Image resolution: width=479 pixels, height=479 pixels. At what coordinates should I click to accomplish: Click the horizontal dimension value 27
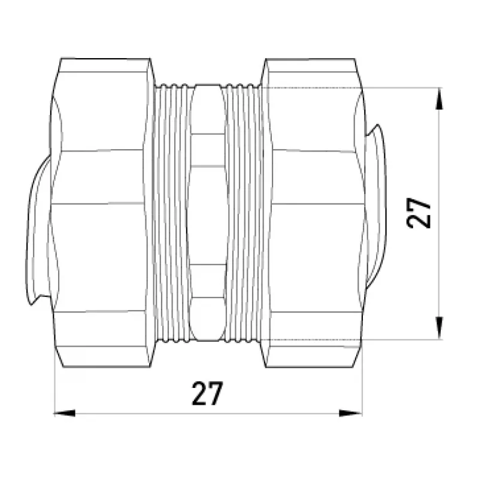coord(207,393)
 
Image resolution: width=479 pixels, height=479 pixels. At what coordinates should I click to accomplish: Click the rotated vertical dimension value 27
coord(419,213)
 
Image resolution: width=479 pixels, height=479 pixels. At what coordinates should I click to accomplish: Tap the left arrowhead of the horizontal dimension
coord(65,413)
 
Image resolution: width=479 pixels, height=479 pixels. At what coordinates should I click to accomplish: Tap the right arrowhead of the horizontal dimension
coord(351,413)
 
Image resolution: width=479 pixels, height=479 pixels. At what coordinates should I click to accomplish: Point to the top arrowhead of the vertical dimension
coord(439,98)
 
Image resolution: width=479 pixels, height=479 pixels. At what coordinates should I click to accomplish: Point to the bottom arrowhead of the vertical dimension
coord(439,328)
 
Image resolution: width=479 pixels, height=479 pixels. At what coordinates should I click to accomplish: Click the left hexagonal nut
coord(101,213)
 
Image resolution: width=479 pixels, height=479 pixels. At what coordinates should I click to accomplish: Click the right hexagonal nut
coord(313,213)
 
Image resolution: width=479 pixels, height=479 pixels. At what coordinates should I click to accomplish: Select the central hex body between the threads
coord(208,213)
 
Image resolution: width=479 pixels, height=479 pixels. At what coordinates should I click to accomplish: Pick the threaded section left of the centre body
coord(172,213)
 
